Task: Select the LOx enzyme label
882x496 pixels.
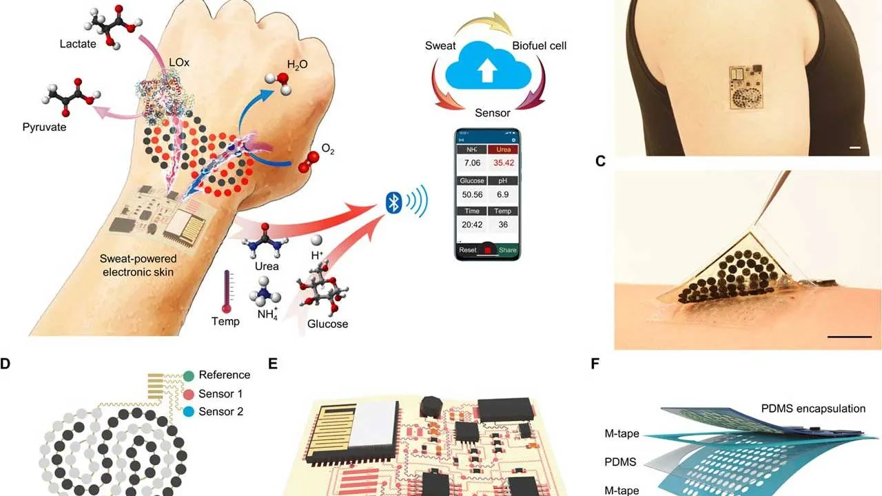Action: click(x=181, y=62)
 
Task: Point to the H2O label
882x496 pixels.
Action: click(x=298, y=65)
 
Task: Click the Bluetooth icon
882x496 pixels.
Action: click(x=393, y=203)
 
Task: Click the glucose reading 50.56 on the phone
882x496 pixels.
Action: click(x=472, y=194)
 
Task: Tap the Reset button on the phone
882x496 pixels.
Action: click(x=467, y=250)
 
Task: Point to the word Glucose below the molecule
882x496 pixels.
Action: click(x=327, y=324)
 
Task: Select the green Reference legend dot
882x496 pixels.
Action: click(x=188, y=375)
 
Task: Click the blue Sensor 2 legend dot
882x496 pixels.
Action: click(x=188, y=412)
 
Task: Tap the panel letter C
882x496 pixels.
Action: click(x=600, y=162)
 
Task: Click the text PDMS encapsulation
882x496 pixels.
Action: click(x=813, y=409)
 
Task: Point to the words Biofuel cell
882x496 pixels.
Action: click(x=539, y=46)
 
